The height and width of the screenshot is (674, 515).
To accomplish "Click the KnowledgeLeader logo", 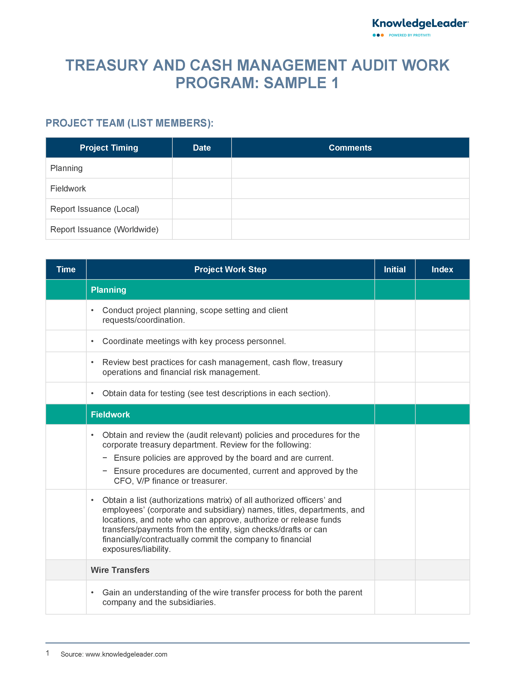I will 420,24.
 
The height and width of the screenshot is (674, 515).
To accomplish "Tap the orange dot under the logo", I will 382,35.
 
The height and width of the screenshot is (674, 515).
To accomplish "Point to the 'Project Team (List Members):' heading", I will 129,123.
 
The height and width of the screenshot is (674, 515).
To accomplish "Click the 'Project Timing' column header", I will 109,148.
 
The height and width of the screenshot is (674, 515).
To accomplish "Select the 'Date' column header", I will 202,148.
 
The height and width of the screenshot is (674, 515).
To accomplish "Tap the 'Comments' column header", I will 350,148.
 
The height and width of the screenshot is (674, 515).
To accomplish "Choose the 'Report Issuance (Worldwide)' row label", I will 104,229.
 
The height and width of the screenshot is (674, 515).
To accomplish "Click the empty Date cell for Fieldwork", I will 202,188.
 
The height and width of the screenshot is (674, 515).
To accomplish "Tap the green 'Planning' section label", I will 108,290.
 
